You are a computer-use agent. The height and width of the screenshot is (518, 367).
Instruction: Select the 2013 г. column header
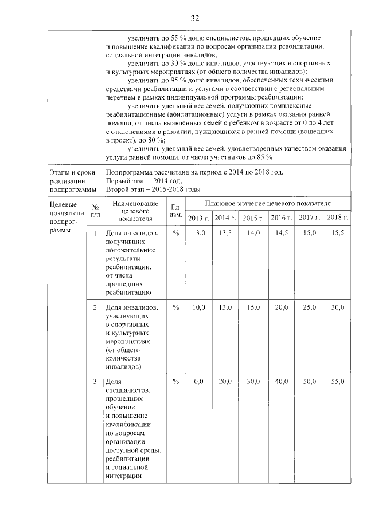click(x=198, y=218)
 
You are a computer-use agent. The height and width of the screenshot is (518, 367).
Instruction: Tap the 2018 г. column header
click(x=335, y=218)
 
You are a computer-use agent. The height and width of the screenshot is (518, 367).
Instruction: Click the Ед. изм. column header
click(x=176, y=210)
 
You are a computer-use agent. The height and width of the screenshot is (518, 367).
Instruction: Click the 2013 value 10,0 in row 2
click(x=198, y=307)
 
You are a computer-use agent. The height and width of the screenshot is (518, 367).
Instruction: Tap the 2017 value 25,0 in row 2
click(x=309, y=307)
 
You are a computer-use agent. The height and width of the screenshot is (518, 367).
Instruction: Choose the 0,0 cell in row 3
click(x=198, y=382)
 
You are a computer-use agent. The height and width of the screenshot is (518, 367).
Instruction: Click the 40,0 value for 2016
click(x=281, y=382)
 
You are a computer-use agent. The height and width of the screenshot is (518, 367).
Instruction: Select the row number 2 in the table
click(x=95, y=307)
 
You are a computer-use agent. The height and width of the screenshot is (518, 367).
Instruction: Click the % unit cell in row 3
click(x=176, y=382)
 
